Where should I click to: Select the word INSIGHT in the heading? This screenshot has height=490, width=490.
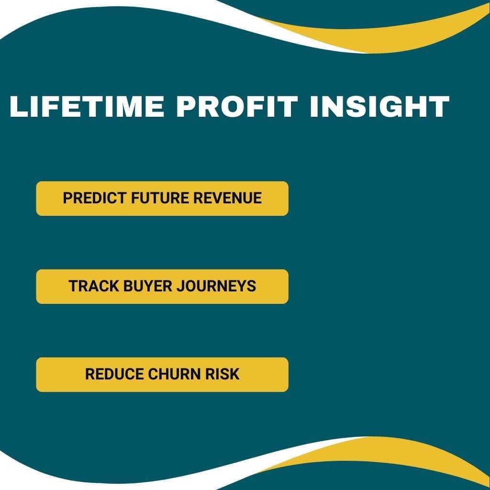point(379,106)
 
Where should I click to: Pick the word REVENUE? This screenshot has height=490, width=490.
point(227,198)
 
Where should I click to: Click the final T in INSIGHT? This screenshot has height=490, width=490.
point(437,106)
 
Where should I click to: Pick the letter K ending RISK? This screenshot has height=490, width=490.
point(234,374)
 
